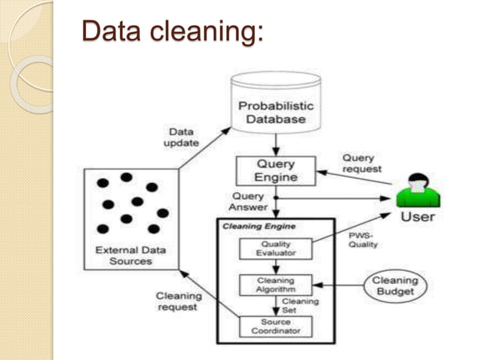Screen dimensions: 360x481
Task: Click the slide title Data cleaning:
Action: (173, 31)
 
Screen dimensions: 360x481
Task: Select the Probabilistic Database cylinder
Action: (276, 106)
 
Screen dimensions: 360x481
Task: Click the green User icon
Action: (418, 191)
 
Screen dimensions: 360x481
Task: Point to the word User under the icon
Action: (418, 218)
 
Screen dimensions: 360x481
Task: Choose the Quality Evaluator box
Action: (275, 249)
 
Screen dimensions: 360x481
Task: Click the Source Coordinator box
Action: (275, 325)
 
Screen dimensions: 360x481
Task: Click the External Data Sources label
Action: (131, 256)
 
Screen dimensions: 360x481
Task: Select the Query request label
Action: (358, 164)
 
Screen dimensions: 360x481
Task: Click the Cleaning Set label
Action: (301, 306)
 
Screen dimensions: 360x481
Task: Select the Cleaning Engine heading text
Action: (259, 226)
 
